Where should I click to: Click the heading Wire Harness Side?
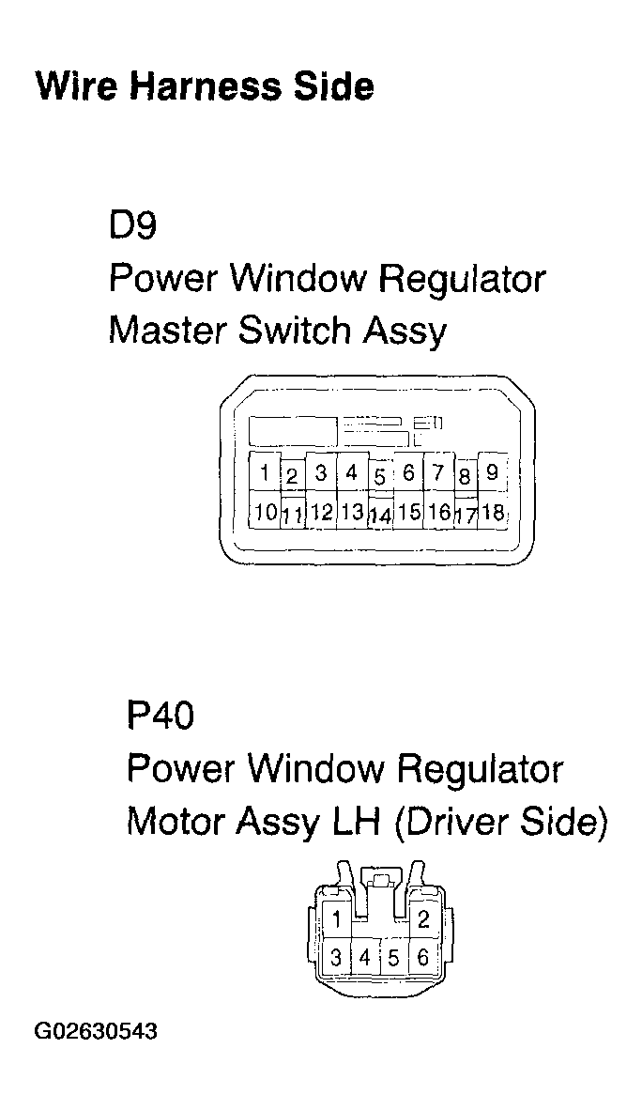(204, 86)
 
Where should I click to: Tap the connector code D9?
(132, 226)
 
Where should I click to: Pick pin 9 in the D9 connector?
(492, 472)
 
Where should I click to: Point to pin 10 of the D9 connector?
(265, 512)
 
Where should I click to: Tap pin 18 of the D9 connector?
(492, 512)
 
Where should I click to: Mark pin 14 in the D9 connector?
(379, 516)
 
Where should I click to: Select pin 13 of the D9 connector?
(351, 512)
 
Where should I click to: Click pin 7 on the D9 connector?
(437, 473)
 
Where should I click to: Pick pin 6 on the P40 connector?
(423, 958)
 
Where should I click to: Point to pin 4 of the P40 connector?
(364, 959)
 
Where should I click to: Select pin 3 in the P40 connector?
(335, 958)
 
